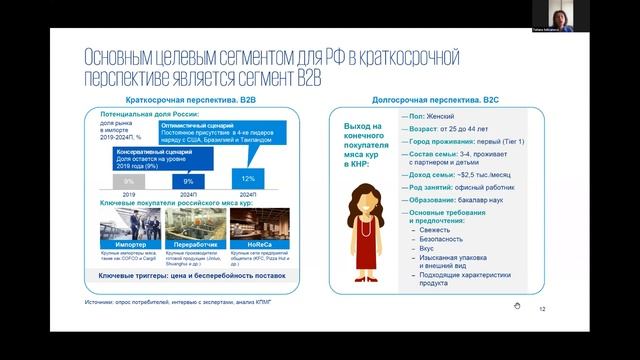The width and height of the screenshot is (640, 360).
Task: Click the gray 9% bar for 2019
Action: (128, 181)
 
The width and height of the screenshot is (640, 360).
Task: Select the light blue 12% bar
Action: (246, 178)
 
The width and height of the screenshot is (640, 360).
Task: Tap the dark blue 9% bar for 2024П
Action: (187, 181)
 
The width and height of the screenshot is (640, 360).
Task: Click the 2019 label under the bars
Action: (128, 194)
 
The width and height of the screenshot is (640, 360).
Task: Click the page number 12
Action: (543, 309)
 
